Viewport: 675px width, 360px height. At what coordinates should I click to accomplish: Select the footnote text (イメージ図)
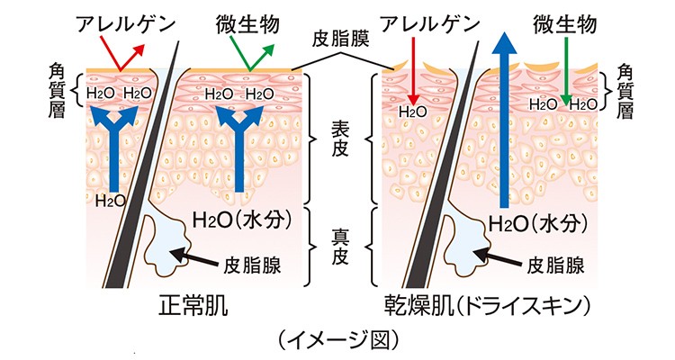point(337,340)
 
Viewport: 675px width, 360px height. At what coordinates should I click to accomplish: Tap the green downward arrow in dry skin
point(566,76)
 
